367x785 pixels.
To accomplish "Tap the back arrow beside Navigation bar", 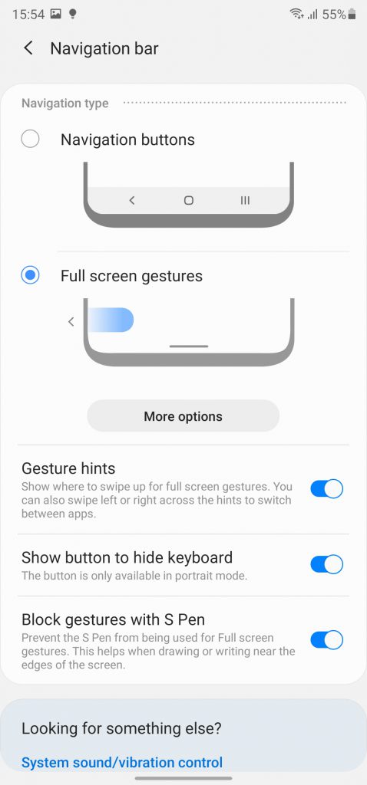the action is tap(28, 48).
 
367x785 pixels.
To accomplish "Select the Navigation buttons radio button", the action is tap(30, 140).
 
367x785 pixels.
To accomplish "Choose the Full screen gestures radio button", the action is tap(30, 275).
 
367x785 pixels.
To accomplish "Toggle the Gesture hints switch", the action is tap(326, 488).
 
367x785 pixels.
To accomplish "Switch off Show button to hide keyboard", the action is tap(326, 565).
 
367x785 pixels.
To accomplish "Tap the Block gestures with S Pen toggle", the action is tap(326, 640).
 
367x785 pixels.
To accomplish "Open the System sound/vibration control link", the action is tap(122, 763).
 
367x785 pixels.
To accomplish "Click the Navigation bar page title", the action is tap(104, 48).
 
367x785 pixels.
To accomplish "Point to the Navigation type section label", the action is tap(64, 103).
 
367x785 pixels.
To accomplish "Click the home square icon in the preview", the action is tap(189, 200).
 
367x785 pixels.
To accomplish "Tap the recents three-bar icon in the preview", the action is tap(245, 200).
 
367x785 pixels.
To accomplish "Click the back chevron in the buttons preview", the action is tap(132, 200).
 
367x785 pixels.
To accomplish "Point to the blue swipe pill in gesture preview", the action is tap(111, 320).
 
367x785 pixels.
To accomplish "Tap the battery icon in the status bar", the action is tap(352, 15).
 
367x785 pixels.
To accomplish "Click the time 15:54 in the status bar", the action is tap(28, 15).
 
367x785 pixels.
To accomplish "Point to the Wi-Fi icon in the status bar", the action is tap(296, 15).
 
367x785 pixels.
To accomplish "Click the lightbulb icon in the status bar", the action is tap(72, 14).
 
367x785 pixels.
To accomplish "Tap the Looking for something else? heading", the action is tap(121, 728).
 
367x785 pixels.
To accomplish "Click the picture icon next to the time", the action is tap(56, 15).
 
